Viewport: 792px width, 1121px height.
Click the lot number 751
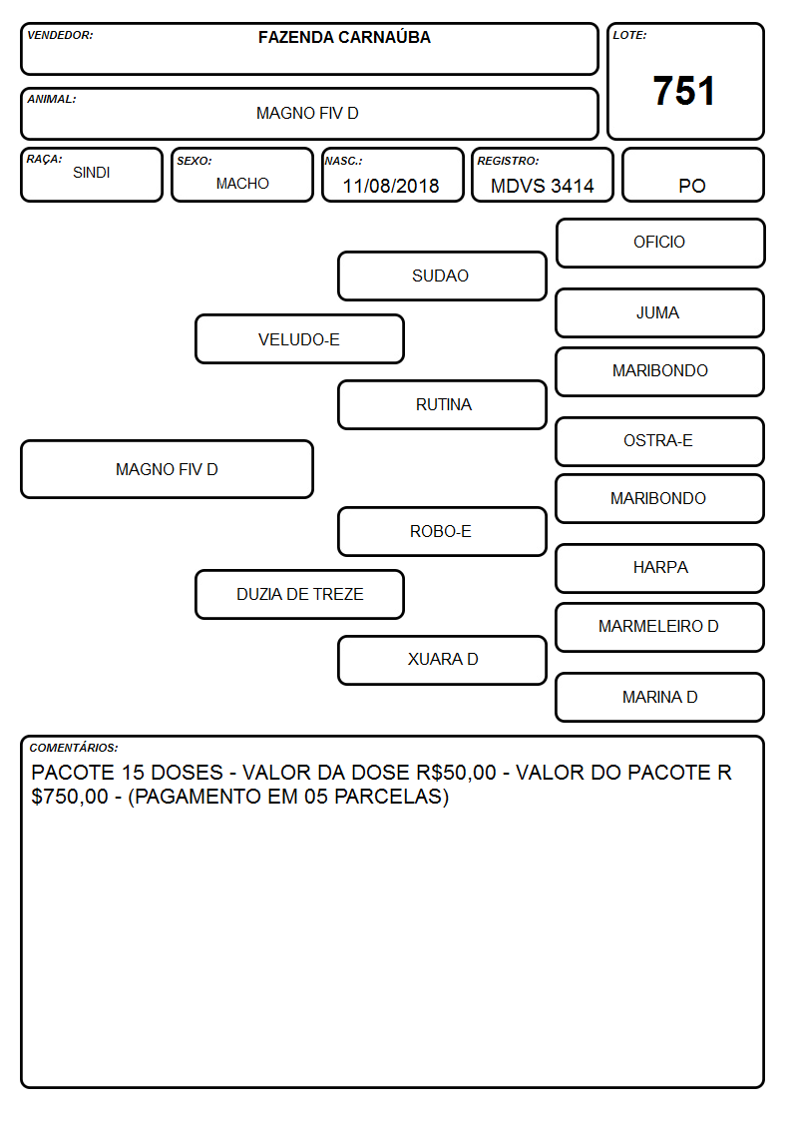coord(683,91)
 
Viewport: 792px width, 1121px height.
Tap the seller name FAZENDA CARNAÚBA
coord(344,37)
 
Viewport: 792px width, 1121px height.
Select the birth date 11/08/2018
coord(391,186)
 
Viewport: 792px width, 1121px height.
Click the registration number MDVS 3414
coord(542,186)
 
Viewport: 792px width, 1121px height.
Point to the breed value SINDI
coord(92,173)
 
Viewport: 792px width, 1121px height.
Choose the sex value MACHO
coord(242,184)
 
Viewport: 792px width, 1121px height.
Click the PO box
coord(692,175)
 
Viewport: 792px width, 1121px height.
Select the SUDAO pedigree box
coord(442,276)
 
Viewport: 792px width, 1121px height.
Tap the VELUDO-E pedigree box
coord(300,338)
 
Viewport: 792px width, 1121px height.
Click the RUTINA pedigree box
coord(442,404)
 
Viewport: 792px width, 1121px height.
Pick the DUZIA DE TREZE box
coord(300,594)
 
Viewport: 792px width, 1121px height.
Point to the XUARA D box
coord(442,660)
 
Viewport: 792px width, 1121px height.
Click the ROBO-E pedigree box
coord(442,531)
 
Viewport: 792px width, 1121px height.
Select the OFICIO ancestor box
coord(660,244)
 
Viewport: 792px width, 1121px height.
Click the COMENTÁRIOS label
coord(74,748)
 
